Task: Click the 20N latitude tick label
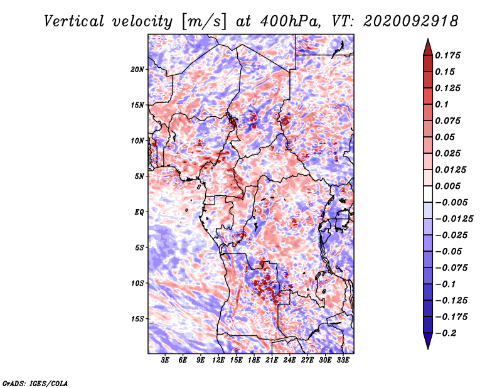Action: point(137,70)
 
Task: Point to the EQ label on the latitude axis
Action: point(139,212)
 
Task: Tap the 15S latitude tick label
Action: point(137,319)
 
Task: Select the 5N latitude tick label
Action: point(139,176)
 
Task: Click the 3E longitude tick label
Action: point(165,360)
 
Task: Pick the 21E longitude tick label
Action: point(272,360)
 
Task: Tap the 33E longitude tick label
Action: point(343,360)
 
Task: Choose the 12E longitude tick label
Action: point(218,360)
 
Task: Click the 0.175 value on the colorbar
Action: point(447,55)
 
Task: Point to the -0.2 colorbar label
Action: point(446,333)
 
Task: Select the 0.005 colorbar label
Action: point(447,186)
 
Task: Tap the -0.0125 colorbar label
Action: point(454,219)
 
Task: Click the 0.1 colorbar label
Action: point(442,104)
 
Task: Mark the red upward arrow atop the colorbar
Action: point(428,47)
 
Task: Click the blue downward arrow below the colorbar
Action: point(428,341)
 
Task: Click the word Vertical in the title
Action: point(74,21)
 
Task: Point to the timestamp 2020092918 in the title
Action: point(411,21)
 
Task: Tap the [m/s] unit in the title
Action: point(204,22)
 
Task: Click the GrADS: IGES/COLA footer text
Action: point(35,383)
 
